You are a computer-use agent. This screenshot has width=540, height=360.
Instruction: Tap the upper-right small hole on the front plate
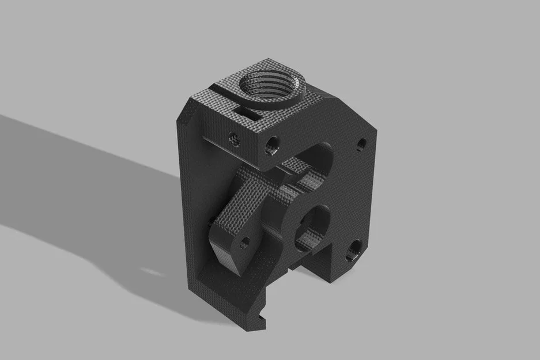click(361, 143)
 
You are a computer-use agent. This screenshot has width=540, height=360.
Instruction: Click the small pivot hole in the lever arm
click(244, 242)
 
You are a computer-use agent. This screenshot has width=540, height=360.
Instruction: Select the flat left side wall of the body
click(190, 202)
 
